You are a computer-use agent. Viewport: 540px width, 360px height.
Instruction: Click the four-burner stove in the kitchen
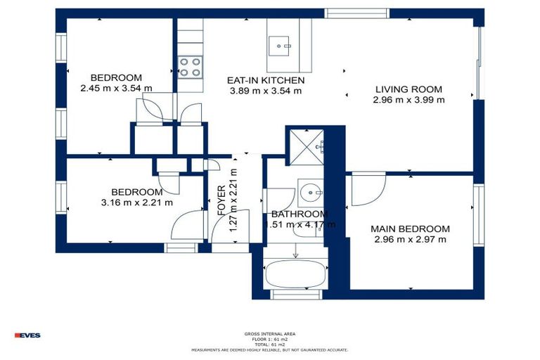click(189, 67)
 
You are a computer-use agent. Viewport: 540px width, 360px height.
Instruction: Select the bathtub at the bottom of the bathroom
click(295, 273)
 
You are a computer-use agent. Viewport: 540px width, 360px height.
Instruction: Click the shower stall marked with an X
click(305, 147)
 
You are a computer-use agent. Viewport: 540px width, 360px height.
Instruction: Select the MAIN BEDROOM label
click(411, 229)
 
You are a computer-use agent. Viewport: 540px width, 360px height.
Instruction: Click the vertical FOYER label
click(221, 199)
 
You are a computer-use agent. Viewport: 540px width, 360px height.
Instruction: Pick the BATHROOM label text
click(300, 214)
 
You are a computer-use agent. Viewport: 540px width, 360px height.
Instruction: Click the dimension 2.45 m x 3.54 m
click(116, 89)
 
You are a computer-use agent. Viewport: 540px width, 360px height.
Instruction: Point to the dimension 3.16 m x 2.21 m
click(137, 202)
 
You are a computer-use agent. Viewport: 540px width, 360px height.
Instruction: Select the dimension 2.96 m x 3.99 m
click(409, 100)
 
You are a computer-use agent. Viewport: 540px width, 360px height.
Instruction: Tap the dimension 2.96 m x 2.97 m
click(411, 240)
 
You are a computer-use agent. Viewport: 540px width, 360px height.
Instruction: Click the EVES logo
click(28, 335)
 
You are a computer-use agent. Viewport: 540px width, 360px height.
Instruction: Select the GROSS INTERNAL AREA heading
click(269, 333)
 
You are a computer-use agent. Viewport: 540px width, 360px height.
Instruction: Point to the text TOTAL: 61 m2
click(269, 344)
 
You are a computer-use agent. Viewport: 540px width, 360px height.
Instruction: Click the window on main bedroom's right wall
click(479, 214)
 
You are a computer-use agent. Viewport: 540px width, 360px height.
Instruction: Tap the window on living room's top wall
click(356, 13)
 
